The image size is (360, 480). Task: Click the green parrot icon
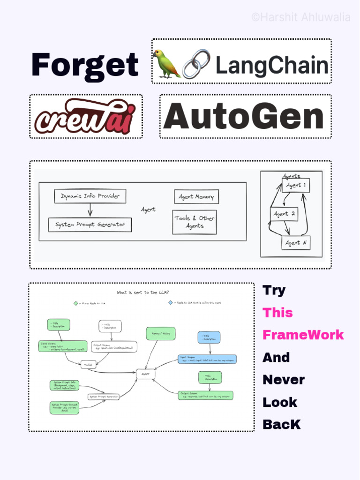coord(166,63)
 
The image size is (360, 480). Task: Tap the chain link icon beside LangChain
coord(196,63)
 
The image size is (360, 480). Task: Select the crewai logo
coord(85,116)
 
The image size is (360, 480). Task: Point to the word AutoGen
coord(244,116)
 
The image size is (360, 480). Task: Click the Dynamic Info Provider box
coord(90,196)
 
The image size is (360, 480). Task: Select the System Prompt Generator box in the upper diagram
coord(90,225)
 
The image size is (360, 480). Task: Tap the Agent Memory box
coord(196,196)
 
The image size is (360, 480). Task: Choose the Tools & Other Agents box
coord(194,222)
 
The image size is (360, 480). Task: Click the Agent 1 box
coord(296,185)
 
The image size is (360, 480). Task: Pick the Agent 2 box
coord(284,214)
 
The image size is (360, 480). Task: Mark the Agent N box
coord(296,243)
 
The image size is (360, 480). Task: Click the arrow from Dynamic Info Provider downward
coord(90,210)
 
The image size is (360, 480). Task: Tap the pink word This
coord(277,313)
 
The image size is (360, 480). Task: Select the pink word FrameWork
coord(303,335)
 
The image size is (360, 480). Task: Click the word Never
coord(284,380)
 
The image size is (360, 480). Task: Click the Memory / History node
coord(161,333)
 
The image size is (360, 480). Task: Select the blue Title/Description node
coord(209,337)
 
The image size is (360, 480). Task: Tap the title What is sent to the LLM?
coord(143,292)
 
